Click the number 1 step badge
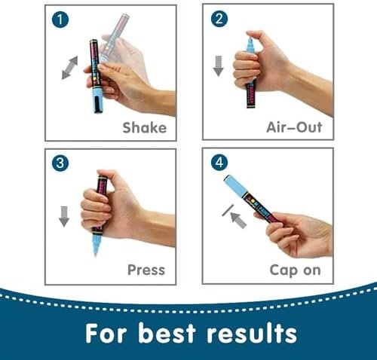pos(60,20)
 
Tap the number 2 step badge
pos(219,19)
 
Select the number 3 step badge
pos(60,163)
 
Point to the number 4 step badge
pos(219,162)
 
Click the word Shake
pos(145,127)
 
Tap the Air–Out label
pos(294,127)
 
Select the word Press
pos(146,270)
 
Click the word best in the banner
pos(167,333)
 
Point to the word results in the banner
pos(252,333)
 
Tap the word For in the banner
pos(106,333)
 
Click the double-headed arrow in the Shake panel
pos(70,68)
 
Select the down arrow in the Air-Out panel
pos(219,66)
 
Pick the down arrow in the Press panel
pos(64,217)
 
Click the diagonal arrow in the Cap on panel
pos(238,221)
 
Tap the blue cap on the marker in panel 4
pos(236,186)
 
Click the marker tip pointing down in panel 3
pos(96,246)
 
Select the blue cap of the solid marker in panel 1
pos(97,100)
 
